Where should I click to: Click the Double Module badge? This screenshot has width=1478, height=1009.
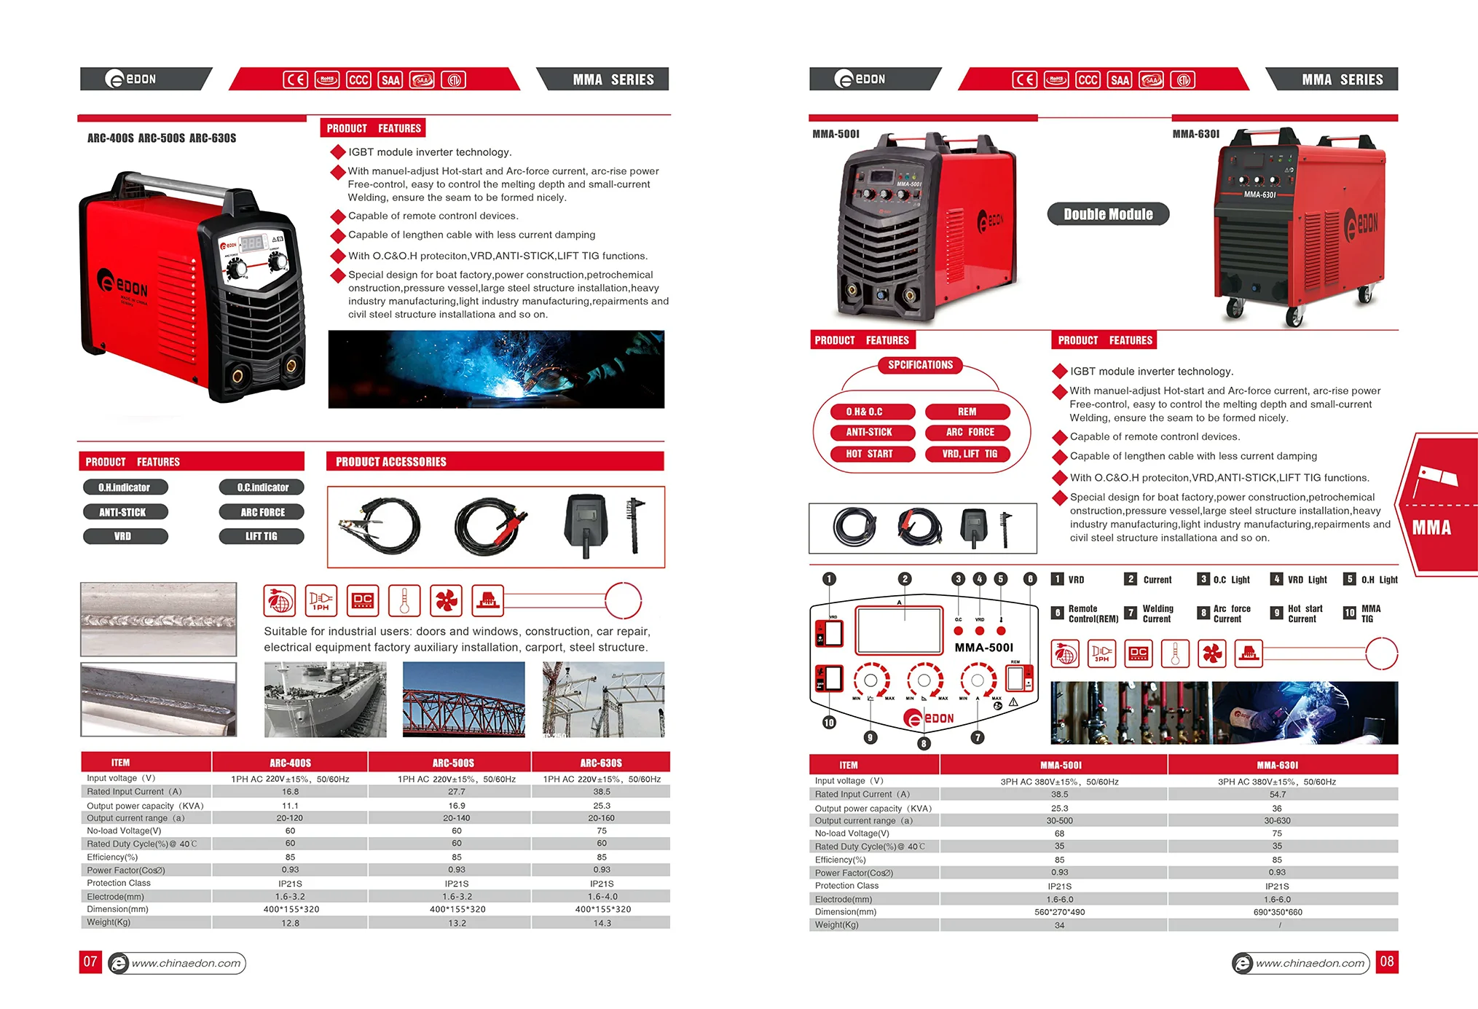click(x=1108, y=214)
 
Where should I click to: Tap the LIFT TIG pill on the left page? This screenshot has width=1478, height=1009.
click(x=261, y=536)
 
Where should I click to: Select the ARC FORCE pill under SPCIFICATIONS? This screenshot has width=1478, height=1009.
click(x=970, y=432)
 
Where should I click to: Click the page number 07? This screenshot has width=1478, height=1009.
click(x=90, y=962)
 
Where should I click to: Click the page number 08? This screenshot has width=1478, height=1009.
click(x=1386, y=962)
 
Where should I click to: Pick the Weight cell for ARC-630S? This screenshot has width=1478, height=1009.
click(x=602, y=923)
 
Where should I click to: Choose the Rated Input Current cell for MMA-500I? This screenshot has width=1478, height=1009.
click(x=1059, y=795)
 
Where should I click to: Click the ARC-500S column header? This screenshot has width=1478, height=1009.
click(x=453, y=763)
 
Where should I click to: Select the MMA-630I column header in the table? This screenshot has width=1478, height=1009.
click(x=1277, y=765)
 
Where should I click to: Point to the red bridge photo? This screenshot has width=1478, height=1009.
click(x=463, y=700)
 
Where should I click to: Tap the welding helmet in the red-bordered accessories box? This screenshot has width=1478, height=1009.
click(x=586, y=525)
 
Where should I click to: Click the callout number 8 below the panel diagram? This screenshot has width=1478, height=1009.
click(x=924, y=743)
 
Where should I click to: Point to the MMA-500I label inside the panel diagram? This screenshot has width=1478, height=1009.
click(x=983, y=648)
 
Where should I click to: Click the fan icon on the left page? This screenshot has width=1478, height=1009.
click(x=446, y=601)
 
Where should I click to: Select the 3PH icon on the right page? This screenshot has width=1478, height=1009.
click(x=1101, y=653)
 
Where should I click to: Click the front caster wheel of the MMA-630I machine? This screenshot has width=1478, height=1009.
click(x=1294, y=316)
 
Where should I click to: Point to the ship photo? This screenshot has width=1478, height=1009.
click(x=325, y=700)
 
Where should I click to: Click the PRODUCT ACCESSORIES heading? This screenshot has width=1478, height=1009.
click(x=391, y=462)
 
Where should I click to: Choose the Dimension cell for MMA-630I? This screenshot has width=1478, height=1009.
click(x=1277, y=912)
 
